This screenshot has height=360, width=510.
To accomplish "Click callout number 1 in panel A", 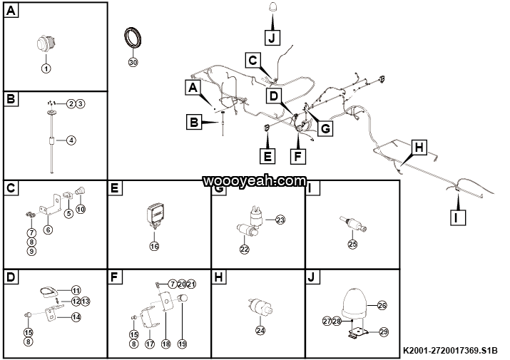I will coord(46,68).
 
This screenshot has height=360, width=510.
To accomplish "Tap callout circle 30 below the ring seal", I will coord(132,62).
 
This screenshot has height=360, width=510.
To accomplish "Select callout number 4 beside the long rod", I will coord(71,140).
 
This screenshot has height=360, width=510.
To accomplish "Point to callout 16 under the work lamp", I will coord(154,246).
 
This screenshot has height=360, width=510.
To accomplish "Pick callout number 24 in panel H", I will coord(260,330).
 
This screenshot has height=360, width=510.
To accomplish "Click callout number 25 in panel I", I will coord(352,244).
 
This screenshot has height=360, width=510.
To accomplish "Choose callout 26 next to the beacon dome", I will coord(382,305).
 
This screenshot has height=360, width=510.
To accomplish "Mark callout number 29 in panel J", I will coord(383,332).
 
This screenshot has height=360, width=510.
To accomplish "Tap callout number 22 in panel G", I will coord(245,249).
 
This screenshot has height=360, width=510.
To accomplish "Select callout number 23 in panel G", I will coord(280,220).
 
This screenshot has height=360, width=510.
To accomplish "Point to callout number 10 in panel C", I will coord(81,209).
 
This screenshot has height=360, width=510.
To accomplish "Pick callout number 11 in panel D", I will coord(76,289).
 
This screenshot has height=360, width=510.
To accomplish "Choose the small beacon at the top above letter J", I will coord(273,7).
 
